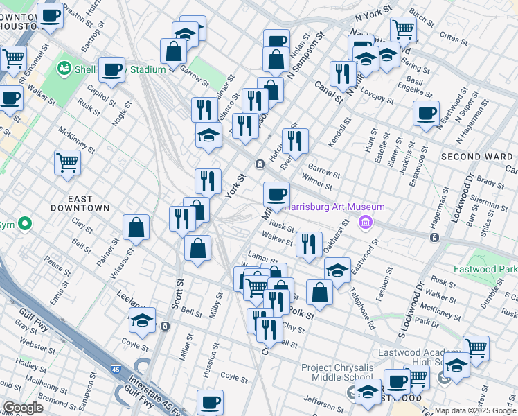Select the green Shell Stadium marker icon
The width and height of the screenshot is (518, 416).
[x=64, y=69]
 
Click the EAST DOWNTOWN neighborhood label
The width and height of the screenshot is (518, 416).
[x=80, y=203]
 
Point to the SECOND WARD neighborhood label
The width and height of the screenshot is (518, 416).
[x=476, y=157]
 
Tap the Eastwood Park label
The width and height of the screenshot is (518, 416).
[x=485, y=269]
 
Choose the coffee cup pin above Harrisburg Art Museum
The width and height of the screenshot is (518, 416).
[x=276, y=194]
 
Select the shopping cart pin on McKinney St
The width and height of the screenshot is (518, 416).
[x=67, y=162]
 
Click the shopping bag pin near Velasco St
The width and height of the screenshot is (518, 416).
[x=136, y=227]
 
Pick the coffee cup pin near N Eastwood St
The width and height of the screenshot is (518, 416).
[x=426, y=113]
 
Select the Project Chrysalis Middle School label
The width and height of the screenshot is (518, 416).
[x=336, y=372]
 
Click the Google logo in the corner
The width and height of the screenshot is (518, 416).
[x=22, y=407]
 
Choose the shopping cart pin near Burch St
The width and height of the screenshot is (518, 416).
[x=402, y=29]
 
